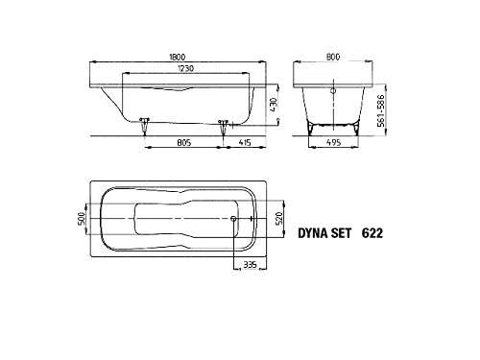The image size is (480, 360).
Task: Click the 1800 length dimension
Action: tap(177, 57)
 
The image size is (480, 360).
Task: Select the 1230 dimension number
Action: tap(185, 68)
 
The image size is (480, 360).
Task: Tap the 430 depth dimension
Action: tap(273, 105)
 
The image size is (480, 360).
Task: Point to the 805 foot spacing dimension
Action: tap(184, 142)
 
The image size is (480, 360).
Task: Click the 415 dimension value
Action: tap(245, 142)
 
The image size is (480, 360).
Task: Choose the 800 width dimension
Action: tap(333, 57)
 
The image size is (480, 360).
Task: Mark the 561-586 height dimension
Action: tap(381, 110)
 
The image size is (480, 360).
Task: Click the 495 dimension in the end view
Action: tap(333, 142)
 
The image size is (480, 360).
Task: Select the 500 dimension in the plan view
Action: tap(82, 218)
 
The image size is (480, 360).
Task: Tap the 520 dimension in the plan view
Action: tap(279, 218)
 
